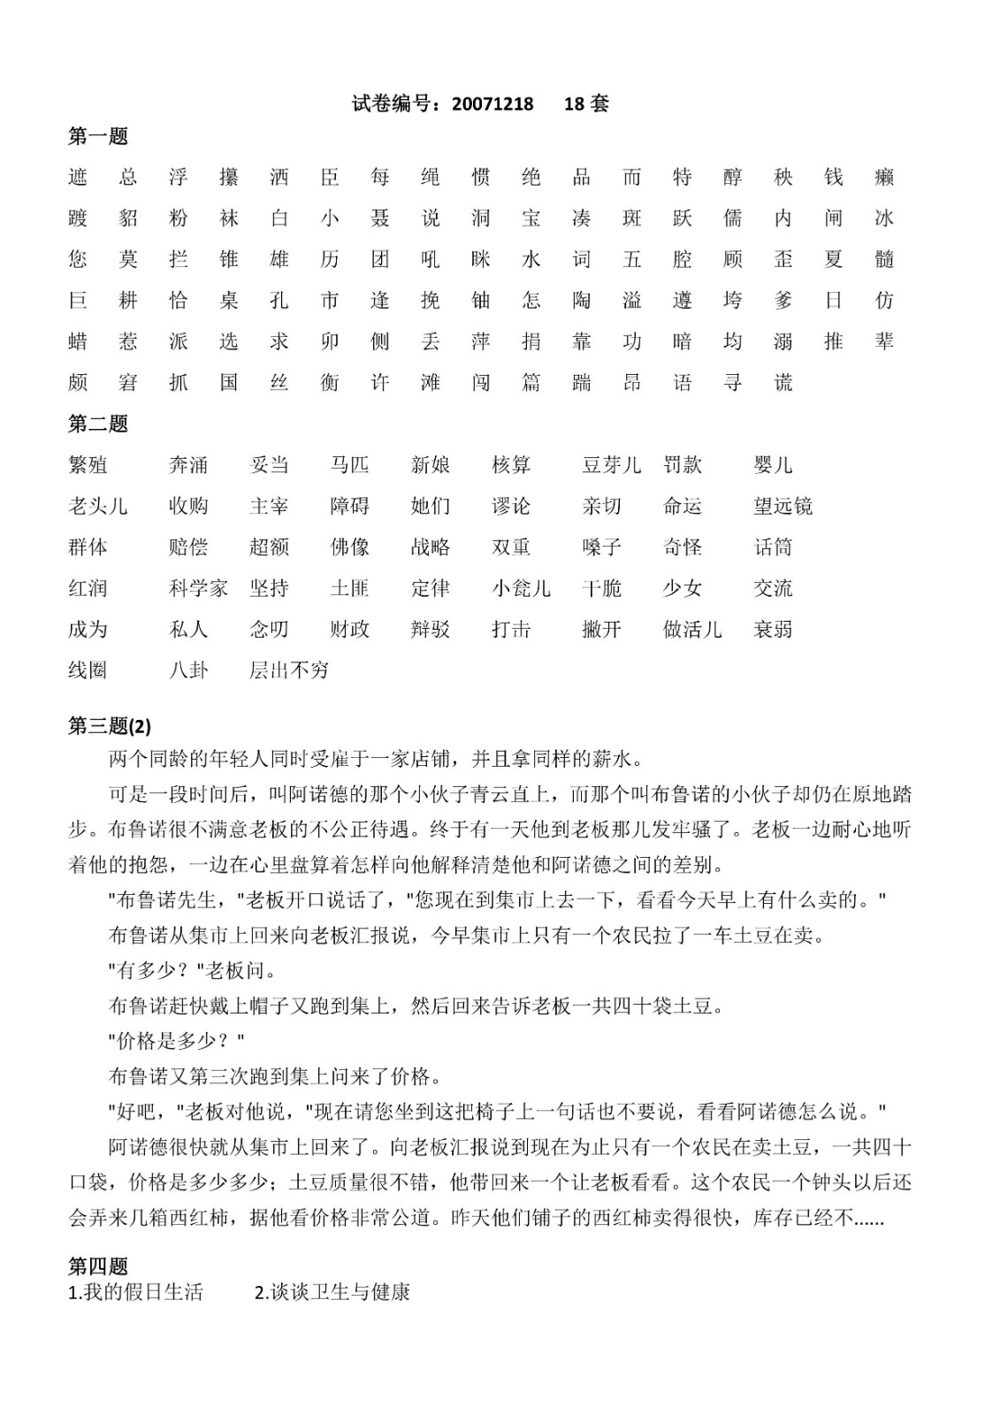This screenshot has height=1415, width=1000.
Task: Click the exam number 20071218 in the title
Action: click(492, 103)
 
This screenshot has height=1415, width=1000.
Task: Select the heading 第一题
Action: click(98, 136)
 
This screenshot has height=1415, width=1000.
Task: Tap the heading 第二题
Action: click(98, 424)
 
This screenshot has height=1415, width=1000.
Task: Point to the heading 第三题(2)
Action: click(110, 726)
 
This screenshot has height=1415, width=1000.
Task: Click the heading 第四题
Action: click(98, 1266)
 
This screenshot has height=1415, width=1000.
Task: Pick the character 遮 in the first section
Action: click(78, 177)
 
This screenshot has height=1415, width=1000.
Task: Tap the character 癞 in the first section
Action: click(884, 177)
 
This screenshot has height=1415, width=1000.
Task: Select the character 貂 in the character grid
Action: click(128, 218)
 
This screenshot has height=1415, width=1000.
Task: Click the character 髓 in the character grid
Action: click(884, 259)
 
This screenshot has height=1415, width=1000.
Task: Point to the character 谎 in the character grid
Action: click(783, 383)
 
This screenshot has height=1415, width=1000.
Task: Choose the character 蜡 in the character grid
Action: click(78, 341)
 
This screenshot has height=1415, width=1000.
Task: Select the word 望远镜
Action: click(782, 506)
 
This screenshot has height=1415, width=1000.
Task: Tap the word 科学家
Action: click(198, 588)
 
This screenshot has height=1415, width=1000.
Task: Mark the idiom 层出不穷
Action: click(289, 670)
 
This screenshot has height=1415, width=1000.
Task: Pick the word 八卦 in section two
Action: click(188, 670)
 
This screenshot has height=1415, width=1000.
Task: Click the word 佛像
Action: click(349, 547)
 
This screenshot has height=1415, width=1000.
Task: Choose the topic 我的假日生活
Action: click(136, 1292)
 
